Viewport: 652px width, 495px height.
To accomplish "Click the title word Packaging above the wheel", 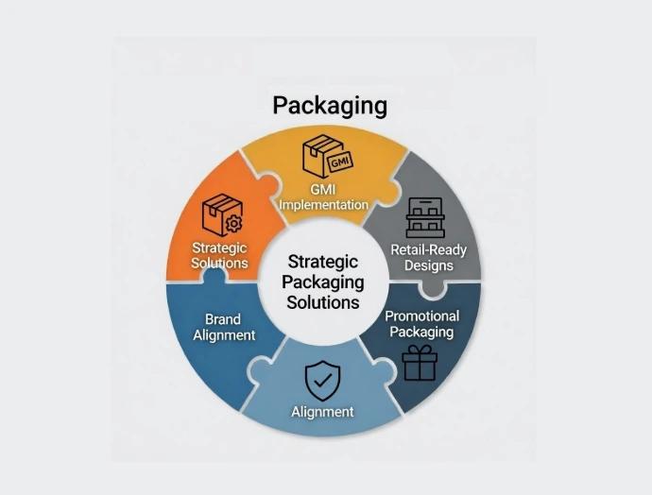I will click(330, 104).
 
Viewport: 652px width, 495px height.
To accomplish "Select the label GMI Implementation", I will click(325, 196).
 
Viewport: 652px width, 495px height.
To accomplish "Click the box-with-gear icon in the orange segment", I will click(222, 215).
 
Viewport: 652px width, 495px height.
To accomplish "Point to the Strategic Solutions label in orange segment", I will click(219, 255).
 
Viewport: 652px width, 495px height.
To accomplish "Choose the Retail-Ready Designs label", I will click(428, 257).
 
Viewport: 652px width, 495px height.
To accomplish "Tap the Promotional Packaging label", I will click(421, 323).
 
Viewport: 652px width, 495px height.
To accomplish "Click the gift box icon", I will click(420, 363).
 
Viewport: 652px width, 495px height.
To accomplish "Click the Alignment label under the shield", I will click(322, 411).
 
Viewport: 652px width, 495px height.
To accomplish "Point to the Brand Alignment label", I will click(224, 327).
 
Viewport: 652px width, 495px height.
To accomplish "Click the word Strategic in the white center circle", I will click(324, 262).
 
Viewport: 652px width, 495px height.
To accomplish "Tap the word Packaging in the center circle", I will click(324, 282).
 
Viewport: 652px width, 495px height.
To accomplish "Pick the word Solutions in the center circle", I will click(324, 302).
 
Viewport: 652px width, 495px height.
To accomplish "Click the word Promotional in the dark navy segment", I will click(421, 316).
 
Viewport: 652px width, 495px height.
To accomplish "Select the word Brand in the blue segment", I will click(224, 318).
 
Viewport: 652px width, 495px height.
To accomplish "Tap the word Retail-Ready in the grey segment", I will click(428, 249).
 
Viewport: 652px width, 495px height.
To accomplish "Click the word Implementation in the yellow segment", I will click(325, 204).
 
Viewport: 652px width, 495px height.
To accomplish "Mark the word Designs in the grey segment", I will click(428, 265).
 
